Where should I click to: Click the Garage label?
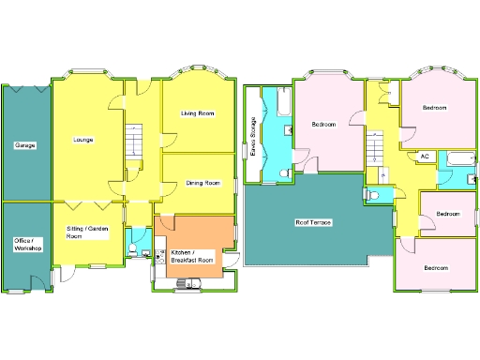click(24, 146)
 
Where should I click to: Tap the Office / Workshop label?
click(27, 245)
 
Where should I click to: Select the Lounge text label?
click(82, 140)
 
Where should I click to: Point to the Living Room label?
click(198, 113)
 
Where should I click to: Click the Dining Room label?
click(202, 183)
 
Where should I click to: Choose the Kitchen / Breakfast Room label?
click(191, 255)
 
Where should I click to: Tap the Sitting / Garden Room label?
click(86, 232)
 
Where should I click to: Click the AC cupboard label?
click(425, 157)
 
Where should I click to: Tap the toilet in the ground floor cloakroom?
click(134, 249)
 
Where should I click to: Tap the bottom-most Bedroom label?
click(436, 268)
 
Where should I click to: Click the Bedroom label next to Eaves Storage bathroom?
click(324, 124)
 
